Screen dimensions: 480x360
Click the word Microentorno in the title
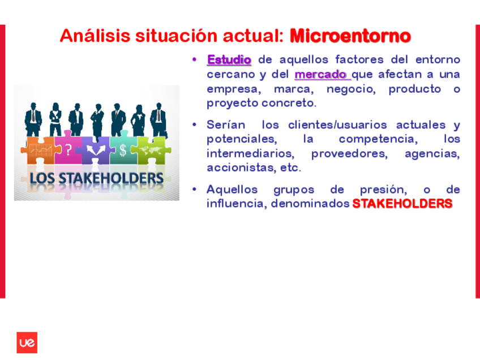(x=350, y=36)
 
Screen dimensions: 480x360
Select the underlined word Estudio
(x=229, y=59)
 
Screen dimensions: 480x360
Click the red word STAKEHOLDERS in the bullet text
(x=402, y=204)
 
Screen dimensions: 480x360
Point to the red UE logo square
(x=27, y=342)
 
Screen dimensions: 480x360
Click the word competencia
(x=378, y=139)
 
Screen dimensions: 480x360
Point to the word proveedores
(x=350, y=153)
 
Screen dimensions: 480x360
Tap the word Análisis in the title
(x=95, y=36)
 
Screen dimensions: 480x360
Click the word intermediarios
(x=250, y=153)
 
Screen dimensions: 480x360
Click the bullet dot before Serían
(x=194, y=125)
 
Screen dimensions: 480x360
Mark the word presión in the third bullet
(x=384, y=190)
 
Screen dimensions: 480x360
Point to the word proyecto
(x=232, y=104)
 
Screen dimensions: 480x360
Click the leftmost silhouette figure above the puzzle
(x=33, y=119)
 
